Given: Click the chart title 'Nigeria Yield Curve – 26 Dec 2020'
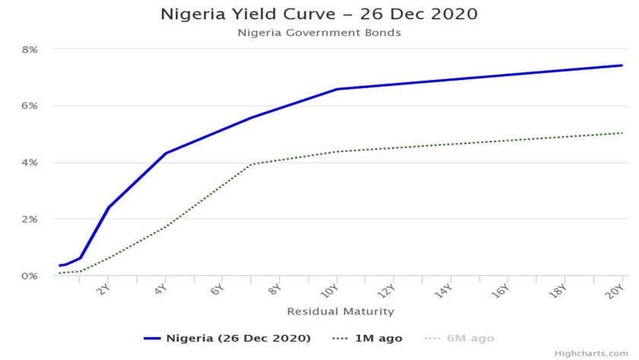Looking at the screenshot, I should (319, 14).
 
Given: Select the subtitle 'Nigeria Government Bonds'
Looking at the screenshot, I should (319, 33).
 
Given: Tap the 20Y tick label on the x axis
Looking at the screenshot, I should (618, 290).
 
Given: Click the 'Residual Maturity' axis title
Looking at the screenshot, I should (340, 311).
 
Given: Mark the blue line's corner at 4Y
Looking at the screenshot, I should (165, 153).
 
